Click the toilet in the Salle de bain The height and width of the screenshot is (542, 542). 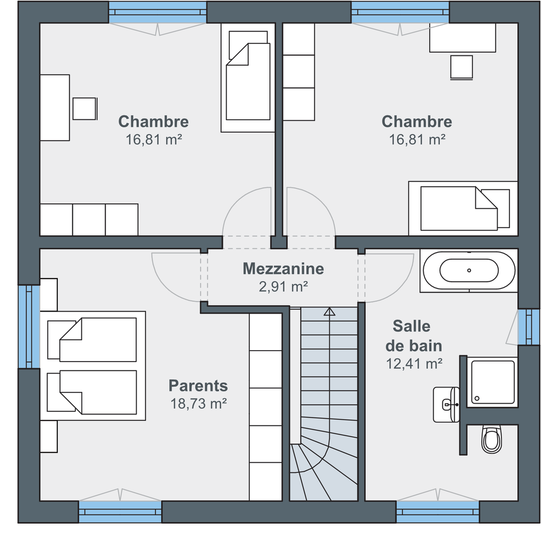[x=492, y=440]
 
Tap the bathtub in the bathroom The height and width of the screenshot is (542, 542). [x=469, y=270]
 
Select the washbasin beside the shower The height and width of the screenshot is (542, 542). [x=446, y=404]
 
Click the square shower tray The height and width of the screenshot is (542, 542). [x=493, y=382]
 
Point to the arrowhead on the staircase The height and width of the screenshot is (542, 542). [x=330, y=312]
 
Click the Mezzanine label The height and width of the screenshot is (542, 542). [x=283, y=269]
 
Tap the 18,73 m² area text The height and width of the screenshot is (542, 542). [x=198, y=403]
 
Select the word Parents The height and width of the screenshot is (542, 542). [x=198, y=385]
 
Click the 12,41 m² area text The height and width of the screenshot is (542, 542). [x=414, y=364]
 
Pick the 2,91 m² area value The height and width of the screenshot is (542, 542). [x=283, y=287]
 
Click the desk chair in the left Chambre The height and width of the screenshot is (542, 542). [x=85, y=108]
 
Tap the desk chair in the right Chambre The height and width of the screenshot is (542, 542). [x=461, y=67]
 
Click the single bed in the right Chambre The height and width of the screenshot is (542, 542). [x=463, y=209]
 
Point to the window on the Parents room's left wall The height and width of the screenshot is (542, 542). [x=29, y=327]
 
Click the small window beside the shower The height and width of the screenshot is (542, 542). [x=529, y=327]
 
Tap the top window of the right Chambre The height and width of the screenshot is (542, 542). [x=401, y=12]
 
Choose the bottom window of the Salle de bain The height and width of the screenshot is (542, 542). [x=437, y=512]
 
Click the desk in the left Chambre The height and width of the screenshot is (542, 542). [x=55, y=107]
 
